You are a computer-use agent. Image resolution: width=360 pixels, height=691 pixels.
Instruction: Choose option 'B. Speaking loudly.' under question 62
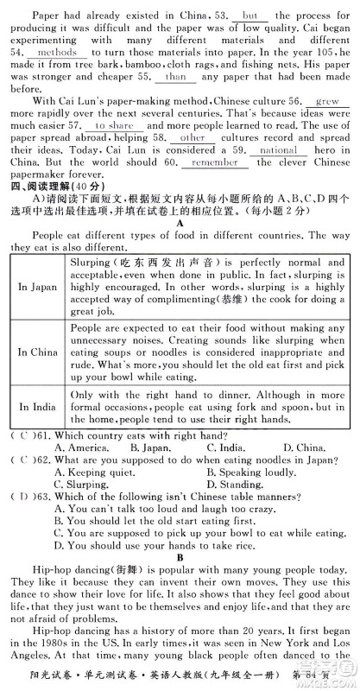coord(256,473)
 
